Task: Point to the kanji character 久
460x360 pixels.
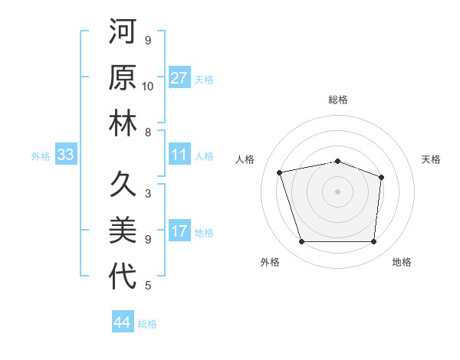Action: point(123,185)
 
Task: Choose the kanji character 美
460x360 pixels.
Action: point(123,231)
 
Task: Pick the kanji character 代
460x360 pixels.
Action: point(123,277)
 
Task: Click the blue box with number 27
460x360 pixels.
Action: point(179,78)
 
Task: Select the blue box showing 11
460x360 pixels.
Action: point(179,155)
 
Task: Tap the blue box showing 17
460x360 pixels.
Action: point(179,232)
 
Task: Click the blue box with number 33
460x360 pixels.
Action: point(65,155)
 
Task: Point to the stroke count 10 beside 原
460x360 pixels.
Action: point(148,87)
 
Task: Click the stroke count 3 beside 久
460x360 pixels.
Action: point(148,194)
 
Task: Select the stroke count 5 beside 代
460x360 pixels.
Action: point(148,286)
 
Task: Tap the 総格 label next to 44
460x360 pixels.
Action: point(147,324)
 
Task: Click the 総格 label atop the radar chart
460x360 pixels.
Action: point(337,100)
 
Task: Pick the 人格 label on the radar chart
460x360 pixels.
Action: point(245,159)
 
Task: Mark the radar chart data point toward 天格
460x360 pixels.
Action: point(382,177)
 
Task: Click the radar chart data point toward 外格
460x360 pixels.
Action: point(301,242)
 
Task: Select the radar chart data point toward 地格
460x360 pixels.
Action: point(373,242)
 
